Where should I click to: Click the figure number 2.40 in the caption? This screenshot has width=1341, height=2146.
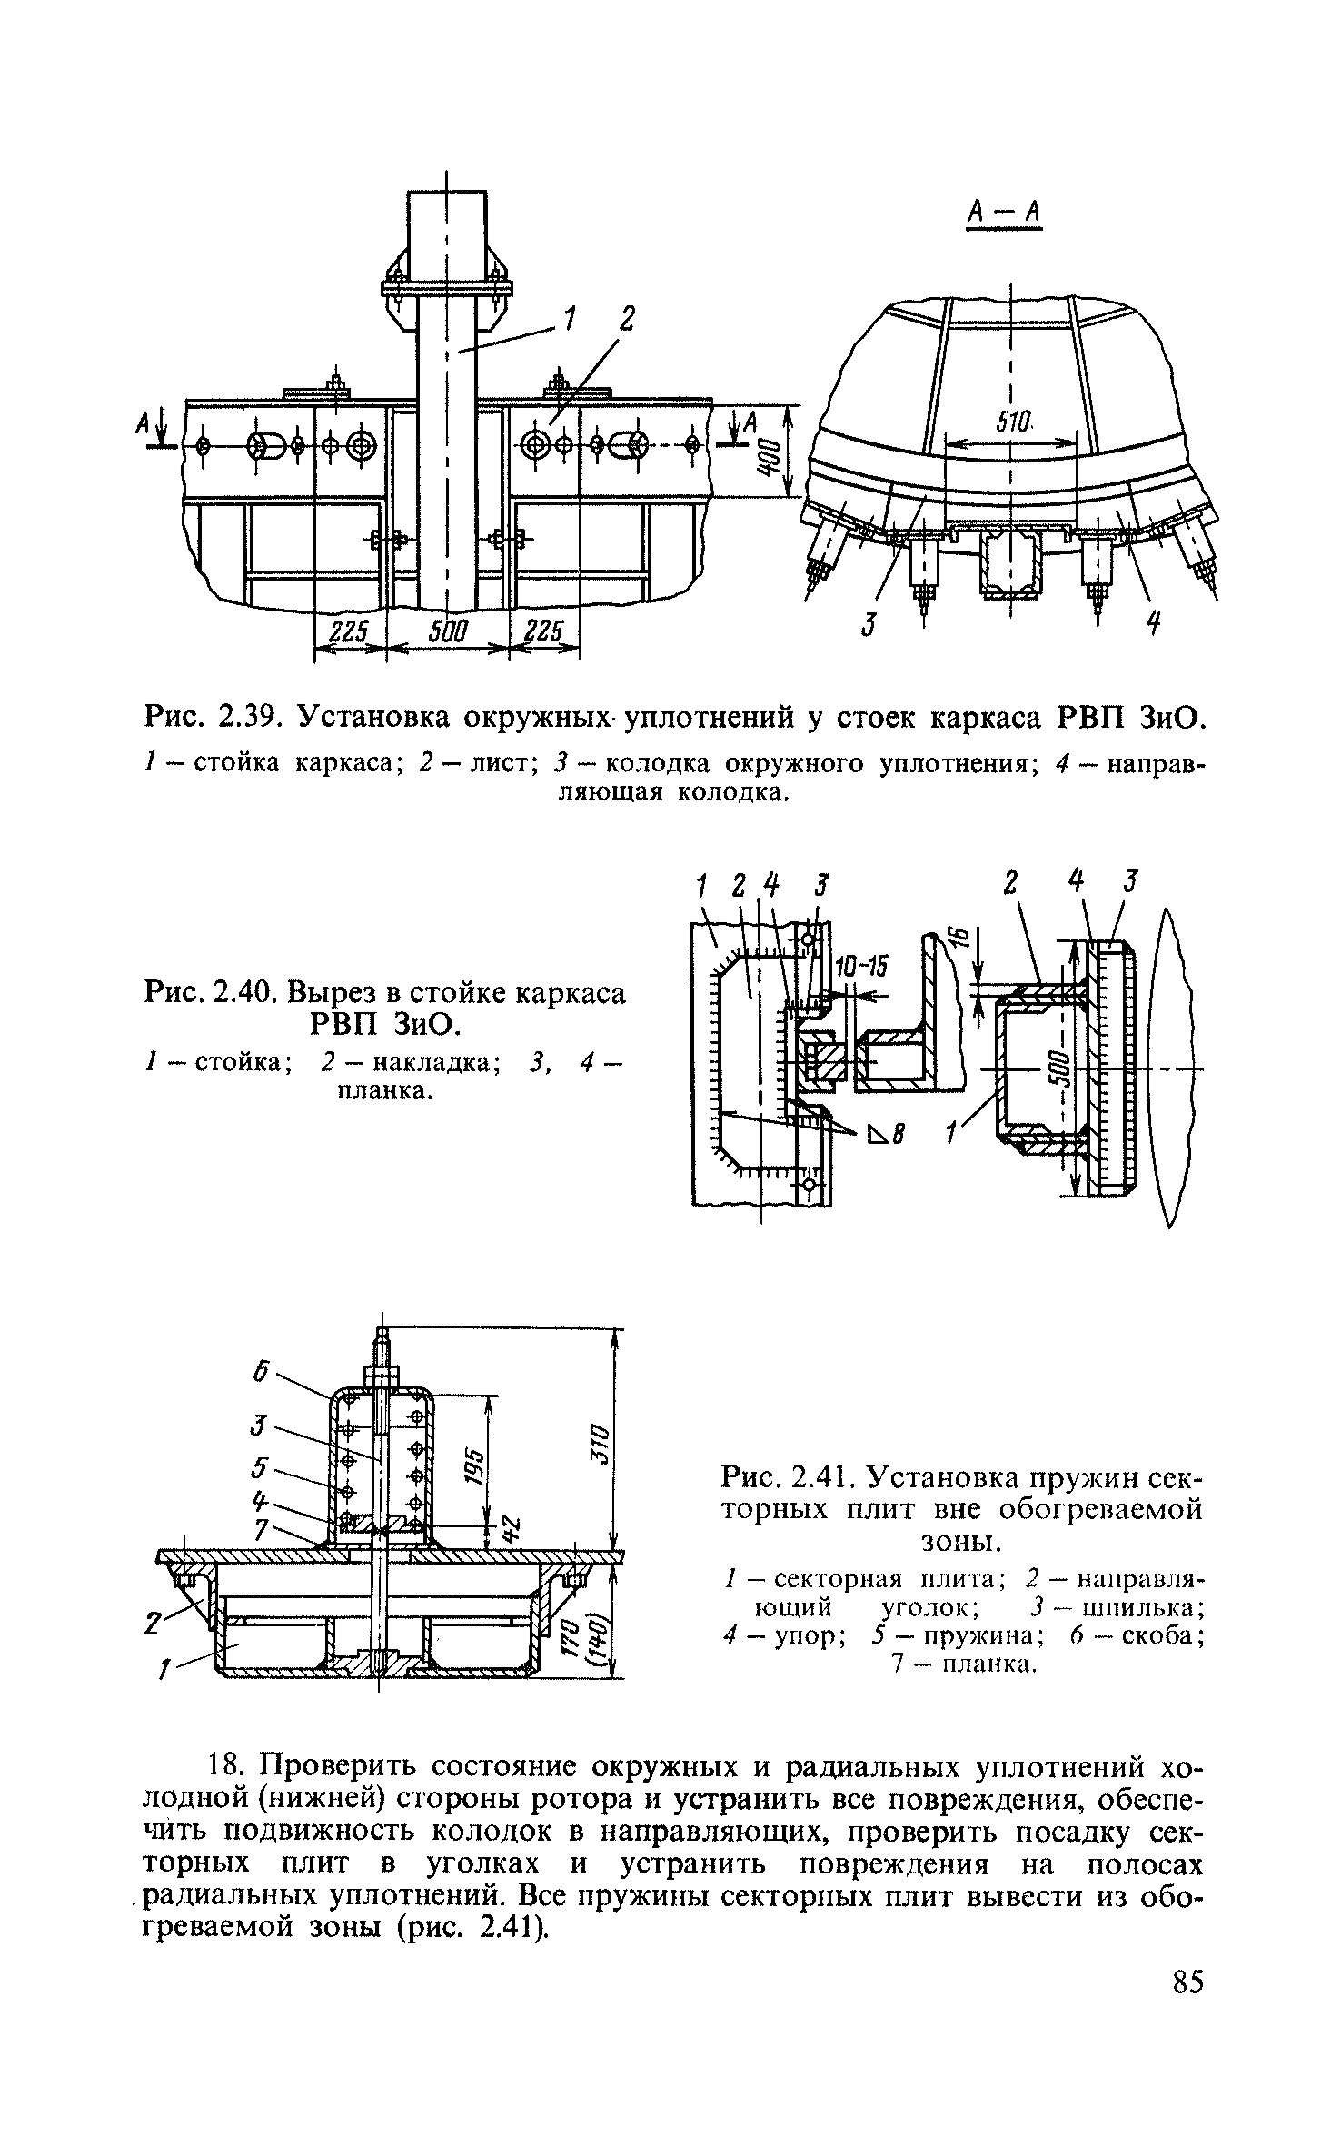click(x=246, y=993)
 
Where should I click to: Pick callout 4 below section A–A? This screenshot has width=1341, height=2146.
click(x=1153, y=624)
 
